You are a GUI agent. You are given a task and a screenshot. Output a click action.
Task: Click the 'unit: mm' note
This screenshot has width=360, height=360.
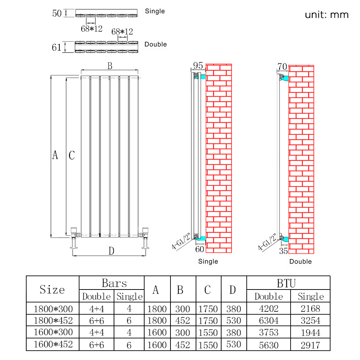327,15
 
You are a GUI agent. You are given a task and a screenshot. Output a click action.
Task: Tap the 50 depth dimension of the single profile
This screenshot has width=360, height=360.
57,13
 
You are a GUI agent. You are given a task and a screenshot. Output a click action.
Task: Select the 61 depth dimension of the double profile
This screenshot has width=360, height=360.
56,47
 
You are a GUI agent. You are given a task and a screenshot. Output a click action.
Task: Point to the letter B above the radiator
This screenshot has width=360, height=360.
110,66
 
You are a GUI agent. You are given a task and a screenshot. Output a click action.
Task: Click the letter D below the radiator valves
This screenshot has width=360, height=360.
111,251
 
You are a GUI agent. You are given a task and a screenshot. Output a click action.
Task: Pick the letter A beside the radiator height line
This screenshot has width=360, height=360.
55,155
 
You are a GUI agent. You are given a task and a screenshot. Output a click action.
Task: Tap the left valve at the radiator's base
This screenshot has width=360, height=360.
74,238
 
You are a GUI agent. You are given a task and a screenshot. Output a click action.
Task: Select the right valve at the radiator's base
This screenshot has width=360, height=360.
145,238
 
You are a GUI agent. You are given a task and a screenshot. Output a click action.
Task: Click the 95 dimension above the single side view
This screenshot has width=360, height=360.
198,66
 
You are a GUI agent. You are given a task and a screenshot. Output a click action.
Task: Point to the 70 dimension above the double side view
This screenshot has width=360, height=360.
282,67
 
